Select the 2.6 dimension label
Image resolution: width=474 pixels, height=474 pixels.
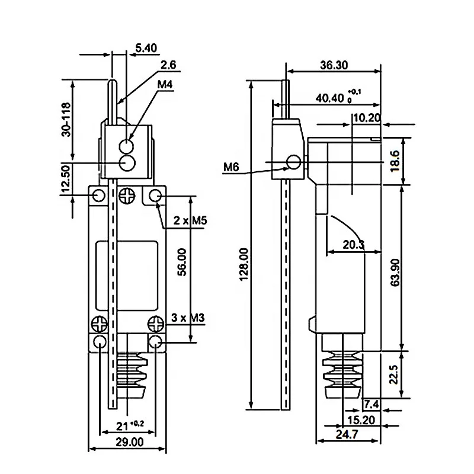168,66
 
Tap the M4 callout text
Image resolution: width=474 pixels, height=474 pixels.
165,85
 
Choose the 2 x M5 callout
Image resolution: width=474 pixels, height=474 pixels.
189,221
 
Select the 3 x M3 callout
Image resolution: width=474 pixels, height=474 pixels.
188,318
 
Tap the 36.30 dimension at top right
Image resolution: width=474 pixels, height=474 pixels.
334,66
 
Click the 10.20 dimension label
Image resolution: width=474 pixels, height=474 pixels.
366,118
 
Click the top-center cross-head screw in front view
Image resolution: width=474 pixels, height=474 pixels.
127,196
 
